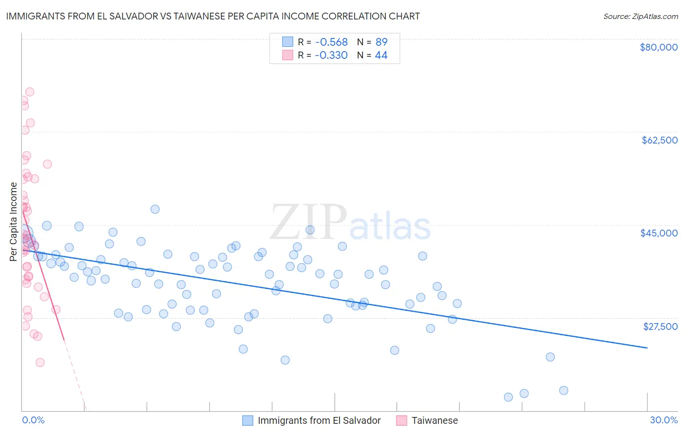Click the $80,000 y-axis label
(659, 47)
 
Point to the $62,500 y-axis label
(659, 140)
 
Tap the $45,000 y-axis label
(659, 233)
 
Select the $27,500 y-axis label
(660, 326)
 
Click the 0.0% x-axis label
(33, 420)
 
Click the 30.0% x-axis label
(664, 420)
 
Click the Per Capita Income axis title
(14, 222)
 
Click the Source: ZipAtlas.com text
(640, 16)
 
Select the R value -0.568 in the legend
(331, 42)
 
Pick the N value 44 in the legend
(381, 55)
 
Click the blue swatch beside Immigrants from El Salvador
(248, 420)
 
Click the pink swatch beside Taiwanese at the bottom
(401, 420)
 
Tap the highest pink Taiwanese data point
(30, 92)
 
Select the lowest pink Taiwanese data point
(40, 362)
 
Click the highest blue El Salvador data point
(155, 209)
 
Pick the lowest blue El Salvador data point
(508, 397)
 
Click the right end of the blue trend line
(647, 348)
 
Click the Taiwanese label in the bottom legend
(434, 420)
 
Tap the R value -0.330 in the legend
(331, 55)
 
